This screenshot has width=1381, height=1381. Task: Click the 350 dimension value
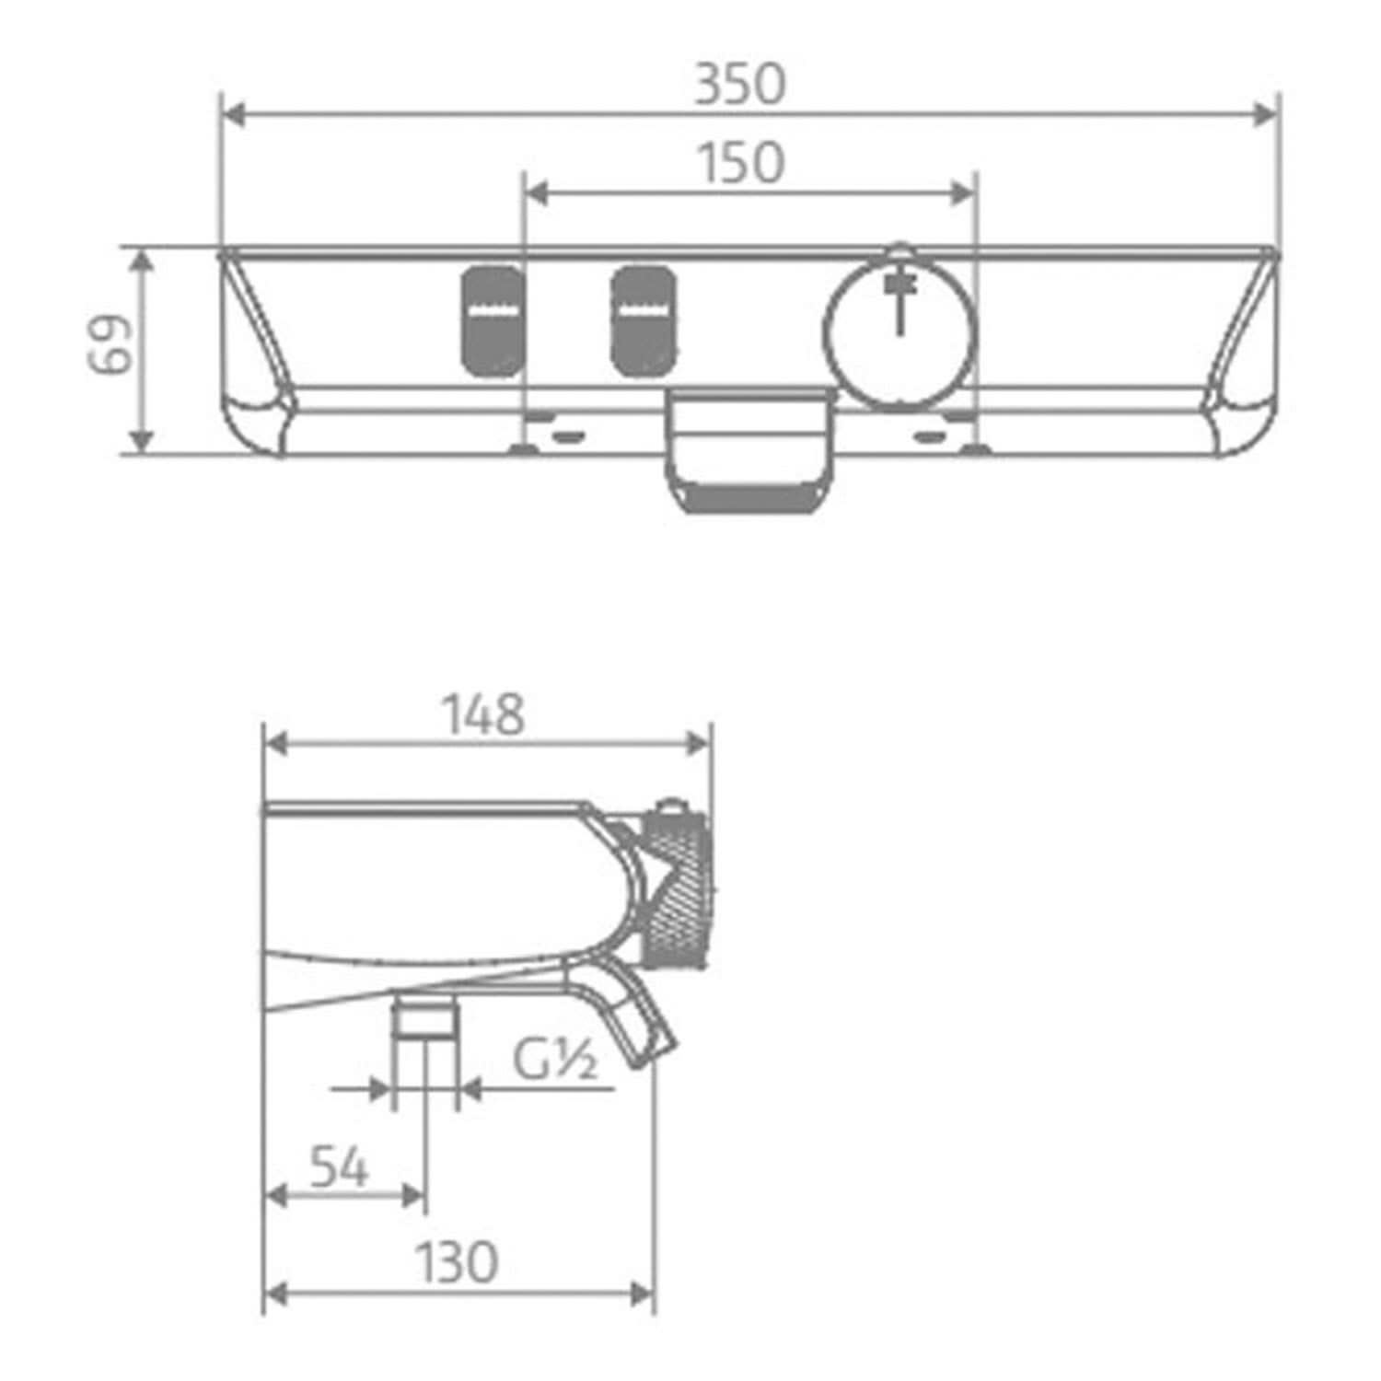point(740,84)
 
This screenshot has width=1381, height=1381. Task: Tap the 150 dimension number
point(740,163)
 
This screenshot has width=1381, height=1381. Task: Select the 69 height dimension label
point(110,344)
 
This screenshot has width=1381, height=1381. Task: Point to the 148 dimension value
point(483,714)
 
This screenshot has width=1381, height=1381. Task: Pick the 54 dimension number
point(339,1167)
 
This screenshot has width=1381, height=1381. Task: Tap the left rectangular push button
point(493,321)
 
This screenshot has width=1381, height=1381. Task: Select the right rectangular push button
point(644,321)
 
